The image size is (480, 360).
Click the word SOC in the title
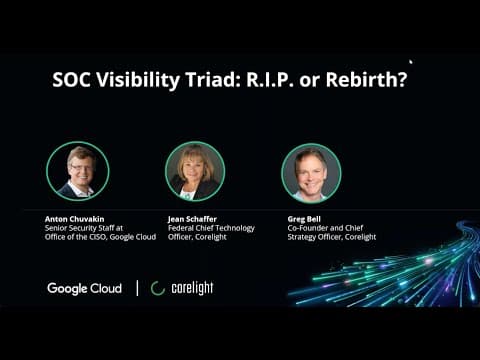(71, 80)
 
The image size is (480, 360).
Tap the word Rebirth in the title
(366, 80)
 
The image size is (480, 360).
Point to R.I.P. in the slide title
(270, 80)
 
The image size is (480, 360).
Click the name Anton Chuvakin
(74, 219)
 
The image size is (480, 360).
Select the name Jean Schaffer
(192, 219)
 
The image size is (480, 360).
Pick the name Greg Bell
(304, 219)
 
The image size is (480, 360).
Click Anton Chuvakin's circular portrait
(78, 171)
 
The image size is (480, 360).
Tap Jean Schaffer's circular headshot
(195, 171)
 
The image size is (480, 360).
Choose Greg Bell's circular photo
(311, 173)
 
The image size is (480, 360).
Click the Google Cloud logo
(85, 288)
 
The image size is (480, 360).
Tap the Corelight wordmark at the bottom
(192, 288)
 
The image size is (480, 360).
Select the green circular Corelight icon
(158, 288)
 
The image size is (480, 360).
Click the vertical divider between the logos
(137, 288)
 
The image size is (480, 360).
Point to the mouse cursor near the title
(411, 62)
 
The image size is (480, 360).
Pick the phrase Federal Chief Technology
(211, 228)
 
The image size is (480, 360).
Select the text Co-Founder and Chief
(325, 228)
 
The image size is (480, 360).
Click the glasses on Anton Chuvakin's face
(81, 168)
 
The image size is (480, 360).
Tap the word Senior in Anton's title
(55, 228)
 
